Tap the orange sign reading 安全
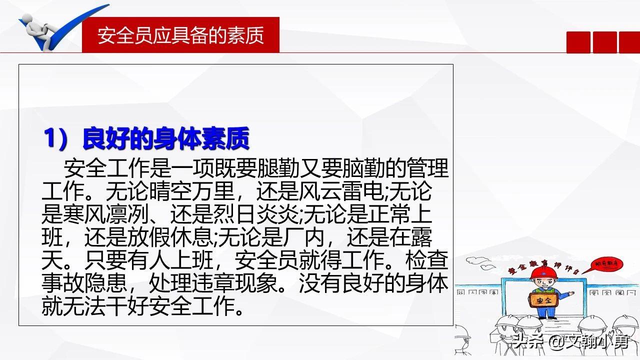[x=540, y=301]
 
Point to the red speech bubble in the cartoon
[x=604, y=263]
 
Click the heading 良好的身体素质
[x=165, y=138]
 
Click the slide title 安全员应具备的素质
[x=180, y=35]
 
